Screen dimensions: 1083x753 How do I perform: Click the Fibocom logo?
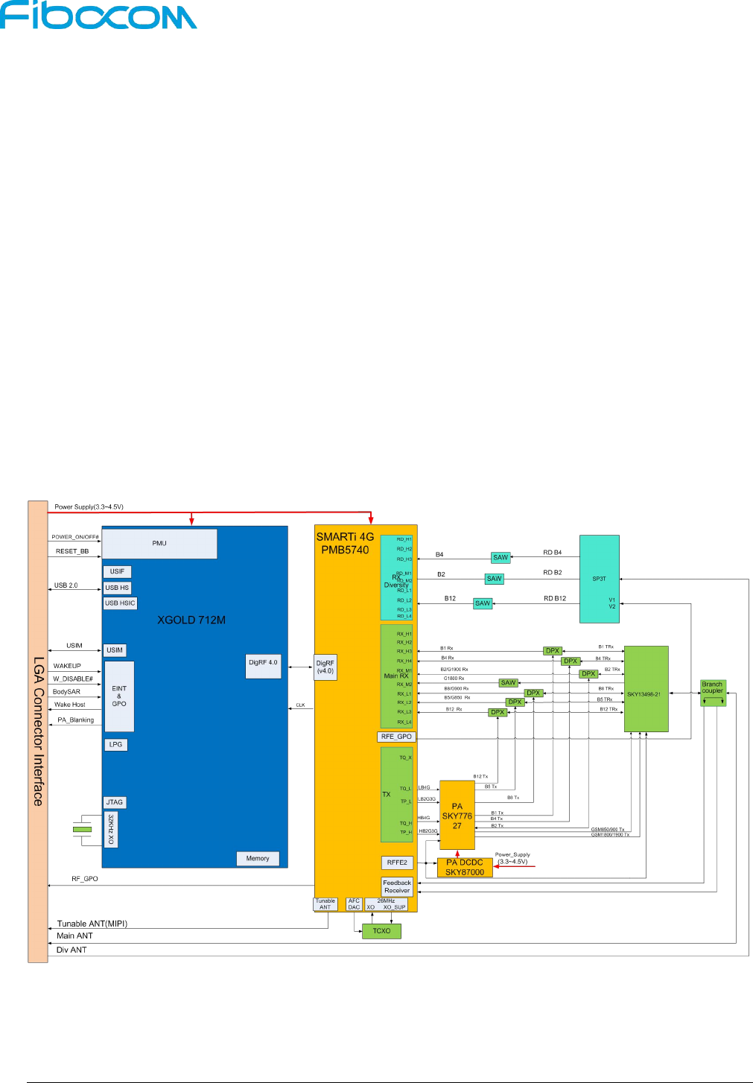[x=98, y=16]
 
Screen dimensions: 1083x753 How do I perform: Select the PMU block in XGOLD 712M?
[x=159, y=544]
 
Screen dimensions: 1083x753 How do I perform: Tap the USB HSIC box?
[x=120, y=603]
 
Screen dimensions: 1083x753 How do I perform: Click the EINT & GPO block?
[x=119, y=696]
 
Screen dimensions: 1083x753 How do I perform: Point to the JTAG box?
[x=115, y=802]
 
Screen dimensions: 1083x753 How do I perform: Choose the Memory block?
[x=258, y=859]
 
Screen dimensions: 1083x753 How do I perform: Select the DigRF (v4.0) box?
[x=325, y=667]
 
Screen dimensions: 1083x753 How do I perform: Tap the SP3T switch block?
[x=600, y=579]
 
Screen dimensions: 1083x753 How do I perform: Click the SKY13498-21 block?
[x=646, y=690]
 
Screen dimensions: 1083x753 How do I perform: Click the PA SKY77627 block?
[x=457, y=816]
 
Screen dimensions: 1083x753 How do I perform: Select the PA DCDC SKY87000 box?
[x=465, y=868]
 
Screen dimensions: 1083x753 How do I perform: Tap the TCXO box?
[x=381, y=931]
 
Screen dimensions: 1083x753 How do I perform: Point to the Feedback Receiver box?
[x=397, y=886]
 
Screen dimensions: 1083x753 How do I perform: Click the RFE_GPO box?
[x=396, y=737]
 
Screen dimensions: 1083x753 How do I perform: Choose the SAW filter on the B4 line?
[x=501, y=558]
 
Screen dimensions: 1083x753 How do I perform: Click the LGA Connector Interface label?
[x=38, y=731]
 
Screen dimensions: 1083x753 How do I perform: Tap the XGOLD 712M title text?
[x=191, y=620]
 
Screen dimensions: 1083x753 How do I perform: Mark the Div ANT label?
[x=72, y=950]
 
